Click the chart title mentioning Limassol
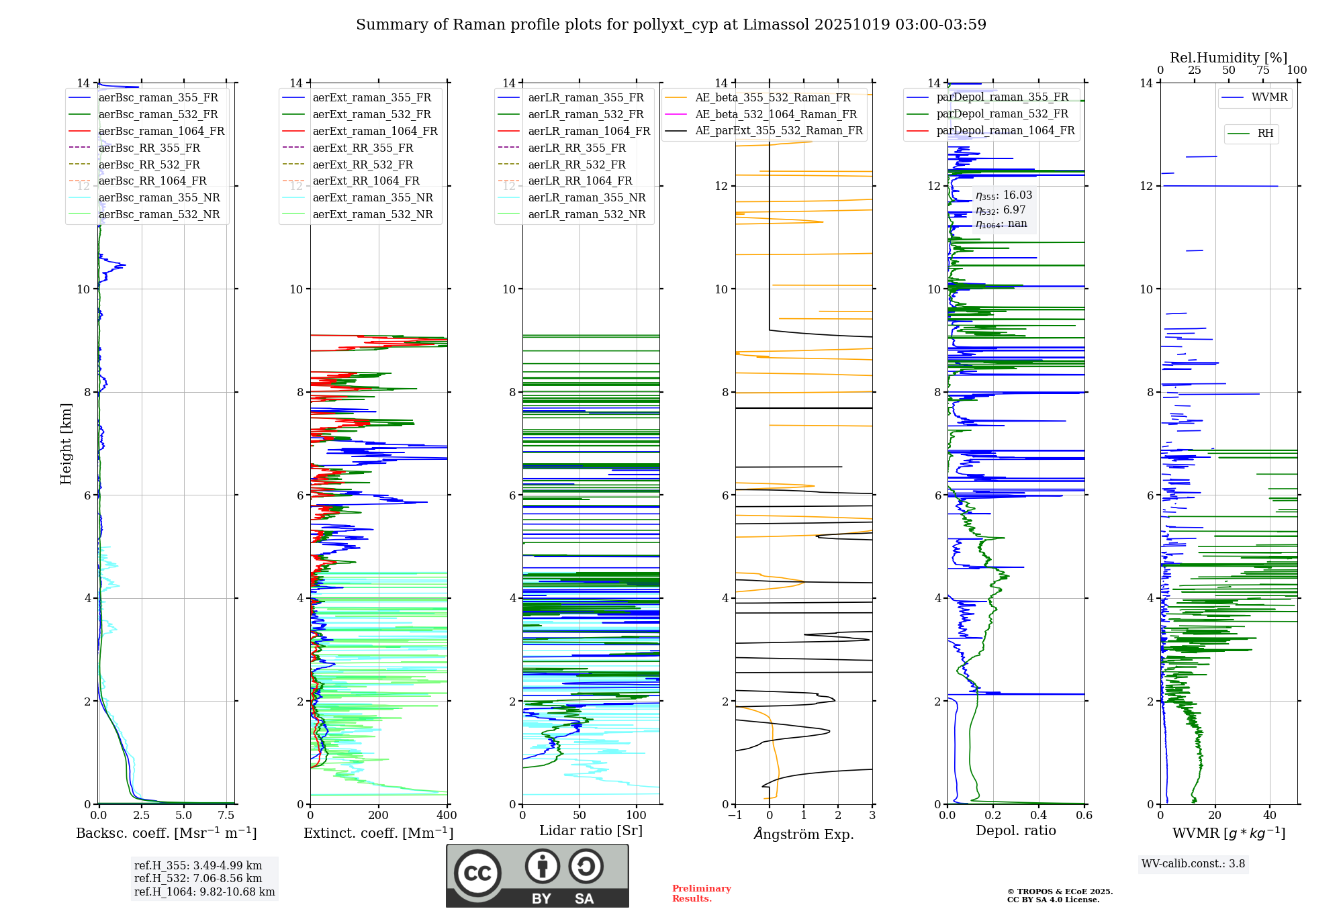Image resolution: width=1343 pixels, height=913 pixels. (x=671, y=25)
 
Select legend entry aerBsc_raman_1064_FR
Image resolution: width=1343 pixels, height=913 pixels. (x=161, y=132)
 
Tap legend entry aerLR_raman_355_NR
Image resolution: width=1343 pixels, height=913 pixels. (x=586, y=198)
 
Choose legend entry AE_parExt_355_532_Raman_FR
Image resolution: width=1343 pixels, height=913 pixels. (x=779, y=131)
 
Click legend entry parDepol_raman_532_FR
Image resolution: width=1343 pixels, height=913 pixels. (x=1002, y=114)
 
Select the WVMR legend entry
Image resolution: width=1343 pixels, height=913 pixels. (x=1268, y=97)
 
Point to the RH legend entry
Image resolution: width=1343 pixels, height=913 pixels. (x=1265, y=134)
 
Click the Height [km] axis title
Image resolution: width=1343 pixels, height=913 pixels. (x=66, y=443)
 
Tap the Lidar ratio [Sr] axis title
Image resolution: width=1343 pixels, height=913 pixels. (x=591, y=831)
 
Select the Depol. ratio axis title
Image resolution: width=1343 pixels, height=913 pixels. (x=1015, y=831)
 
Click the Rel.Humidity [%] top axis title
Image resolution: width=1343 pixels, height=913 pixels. (x=1228, y=58)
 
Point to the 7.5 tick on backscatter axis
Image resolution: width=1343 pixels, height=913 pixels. (x=226, y=816)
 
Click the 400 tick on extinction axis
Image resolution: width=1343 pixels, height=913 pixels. (x=447, y=816)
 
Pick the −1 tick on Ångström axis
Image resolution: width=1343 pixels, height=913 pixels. (x=735, y=816)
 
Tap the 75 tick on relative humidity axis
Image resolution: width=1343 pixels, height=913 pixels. (x=1262, y=70)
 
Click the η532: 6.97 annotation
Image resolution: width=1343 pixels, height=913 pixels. (x=1001, y=210)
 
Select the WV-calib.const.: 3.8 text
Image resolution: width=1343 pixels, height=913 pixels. (x=1193, y=864)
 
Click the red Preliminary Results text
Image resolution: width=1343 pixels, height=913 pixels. (x=701, y=894)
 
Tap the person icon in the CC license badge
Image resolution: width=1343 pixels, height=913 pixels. (x=542, y=866)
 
